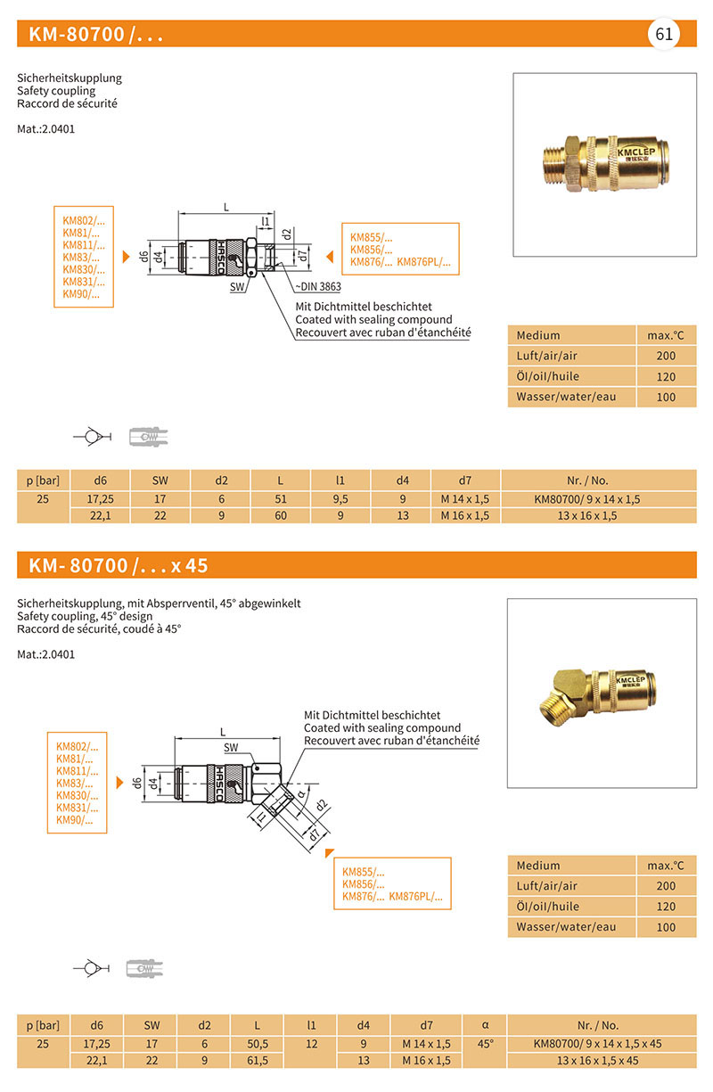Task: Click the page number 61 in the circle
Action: (663, 34)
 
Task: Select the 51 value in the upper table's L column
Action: (281, 498)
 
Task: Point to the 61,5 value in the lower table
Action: (258, 1061)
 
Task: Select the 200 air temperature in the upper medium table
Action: (665, 356)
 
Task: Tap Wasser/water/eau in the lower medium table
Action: (566, 927)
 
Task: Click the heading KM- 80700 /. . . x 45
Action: (119, 566)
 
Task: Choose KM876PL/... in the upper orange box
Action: (423, 262)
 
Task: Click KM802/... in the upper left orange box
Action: (83, 220)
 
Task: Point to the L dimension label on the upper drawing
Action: (226, 208)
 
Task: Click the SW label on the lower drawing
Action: (231, 747)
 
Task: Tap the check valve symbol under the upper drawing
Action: (91, 436)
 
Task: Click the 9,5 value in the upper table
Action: (340, 498)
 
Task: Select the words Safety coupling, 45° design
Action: (85, 616)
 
